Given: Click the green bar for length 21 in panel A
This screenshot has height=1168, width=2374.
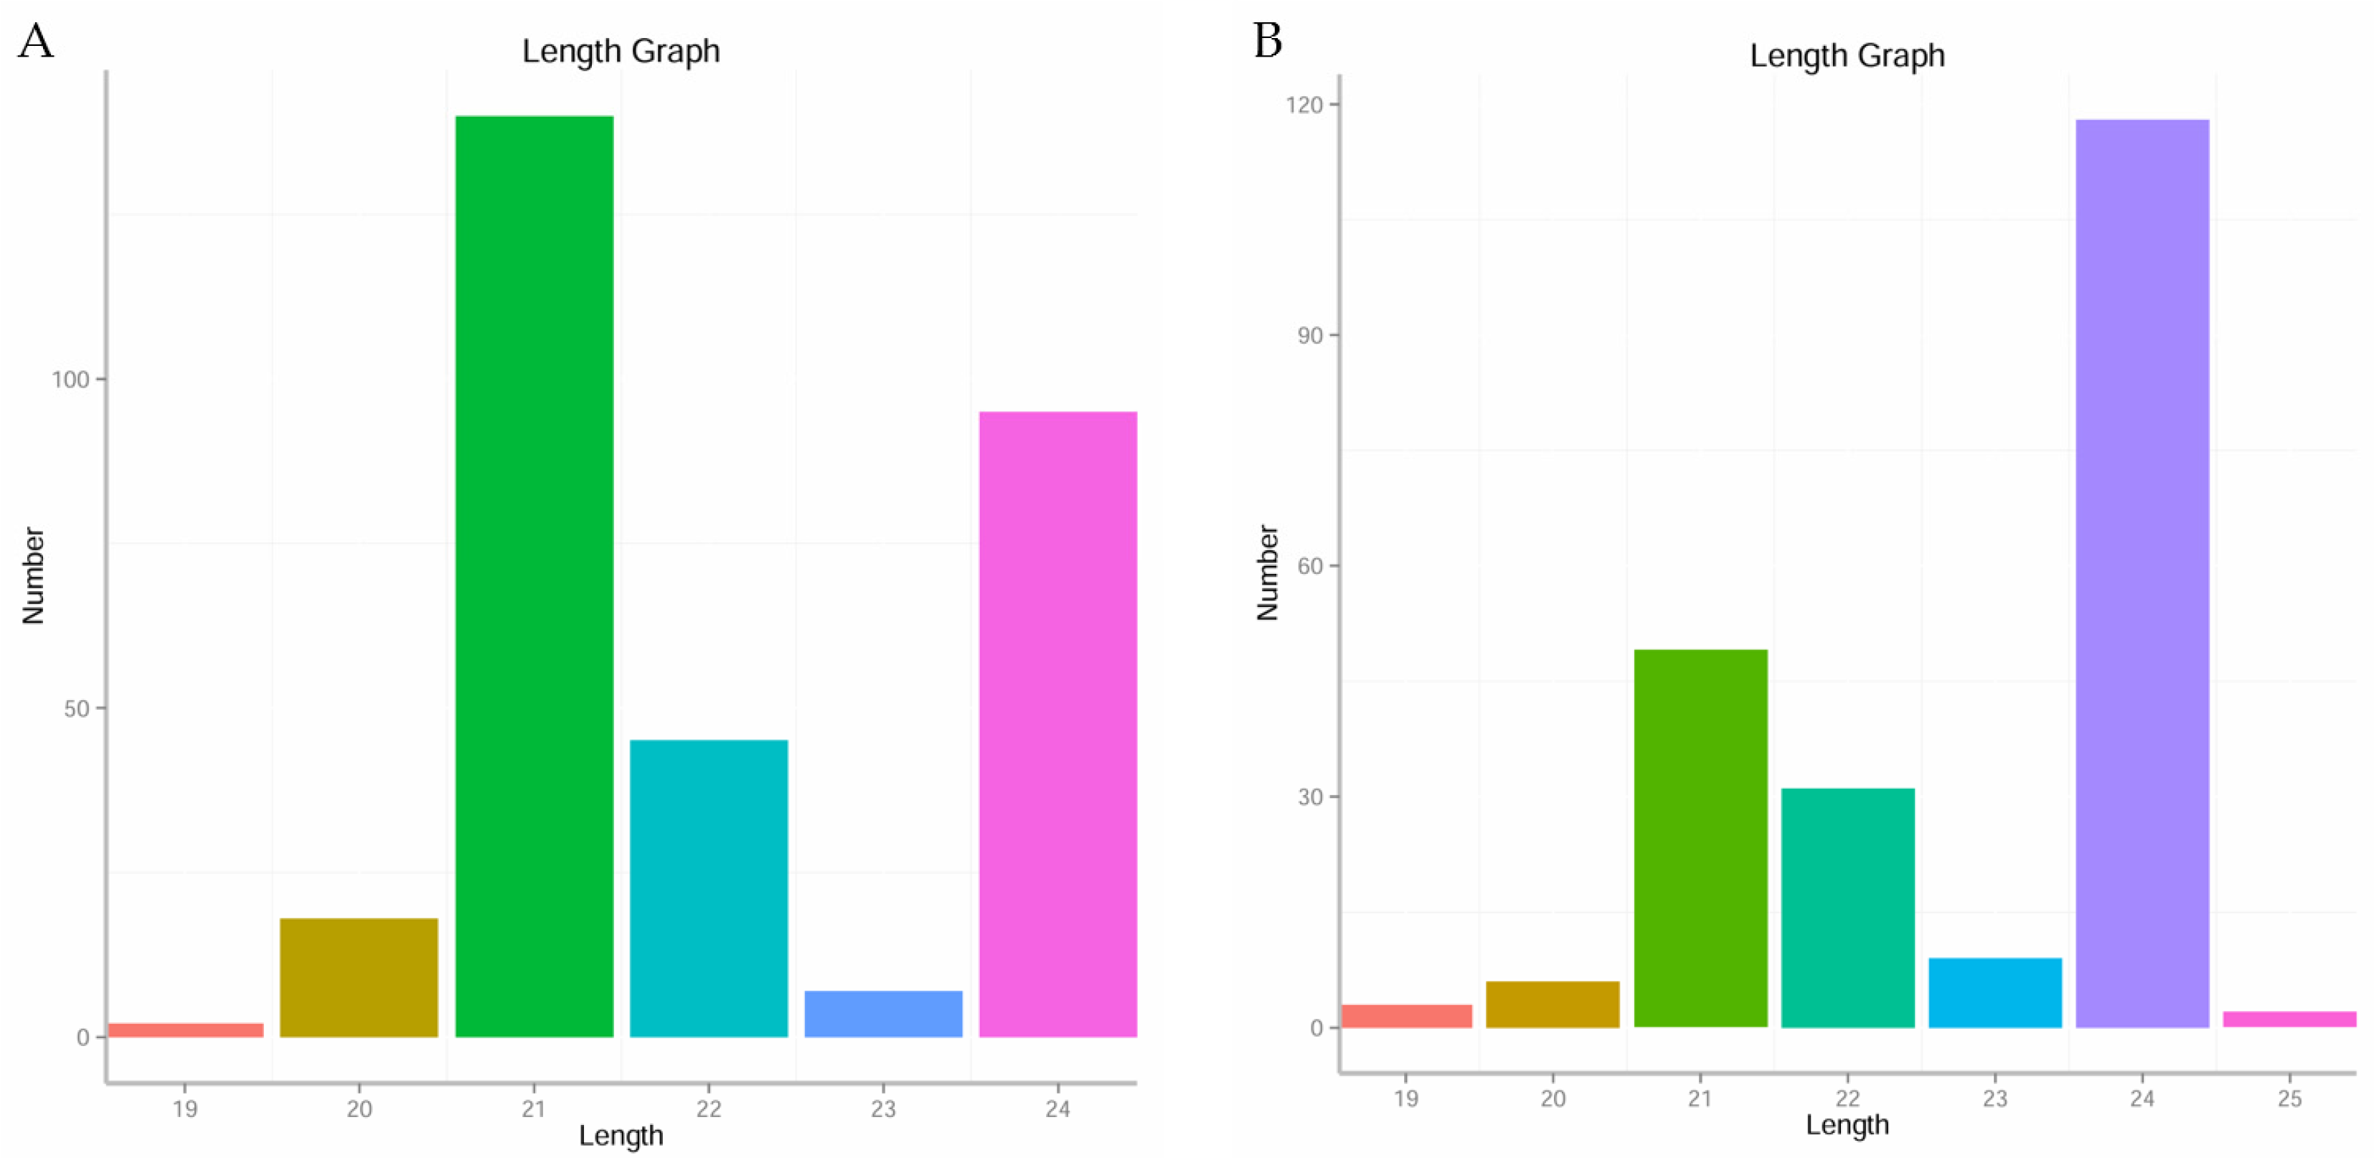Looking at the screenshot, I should click(534, 576).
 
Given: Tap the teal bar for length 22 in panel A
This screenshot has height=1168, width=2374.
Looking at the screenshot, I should click(708, 887).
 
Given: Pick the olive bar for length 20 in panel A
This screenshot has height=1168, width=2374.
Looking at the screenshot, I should click(359, 977).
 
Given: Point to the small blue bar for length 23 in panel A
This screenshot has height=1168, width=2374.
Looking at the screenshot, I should click(883, 1013).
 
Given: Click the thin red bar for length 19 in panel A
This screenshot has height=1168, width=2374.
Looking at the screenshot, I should click(185, 1030).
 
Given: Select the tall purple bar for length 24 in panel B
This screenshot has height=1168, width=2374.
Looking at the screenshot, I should click(2142, 573).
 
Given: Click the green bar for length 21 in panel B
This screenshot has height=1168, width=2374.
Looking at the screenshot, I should click(1700, 838).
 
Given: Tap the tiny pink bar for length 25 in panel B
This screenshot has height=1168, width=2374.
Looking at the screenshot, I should click(2289, 1019).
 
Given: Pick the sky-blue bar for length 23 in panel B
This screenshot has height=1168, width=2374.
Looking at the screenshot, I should click(1994, 992).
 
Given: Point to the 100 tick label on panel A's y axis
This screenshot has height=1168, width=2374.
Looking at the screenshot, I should click(70, 380).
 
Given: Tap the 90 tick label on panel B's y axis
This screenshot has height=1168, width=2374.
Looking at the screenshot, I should click(1309, 336).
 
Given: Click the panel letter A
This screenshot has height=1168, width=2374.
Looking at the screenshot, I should click(36, 42).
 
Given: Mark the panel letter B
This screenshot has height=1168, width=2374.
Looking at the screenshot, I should click(1268, 42).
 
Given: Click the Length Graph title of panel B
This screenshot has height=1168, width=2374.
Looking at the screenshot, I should click(1847, 56).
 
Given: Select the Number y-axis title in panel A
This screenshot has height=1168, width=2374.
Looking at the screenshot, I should click(33, 575).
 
